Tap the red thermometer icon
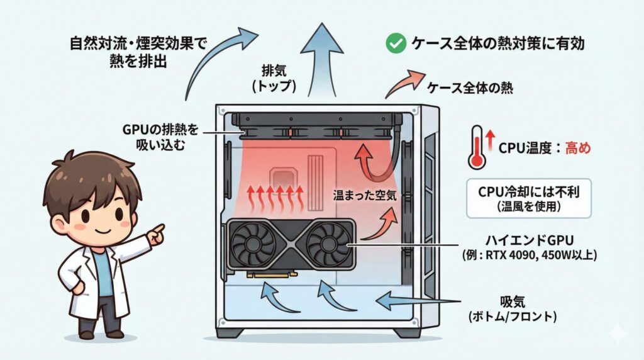point(477,148)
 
